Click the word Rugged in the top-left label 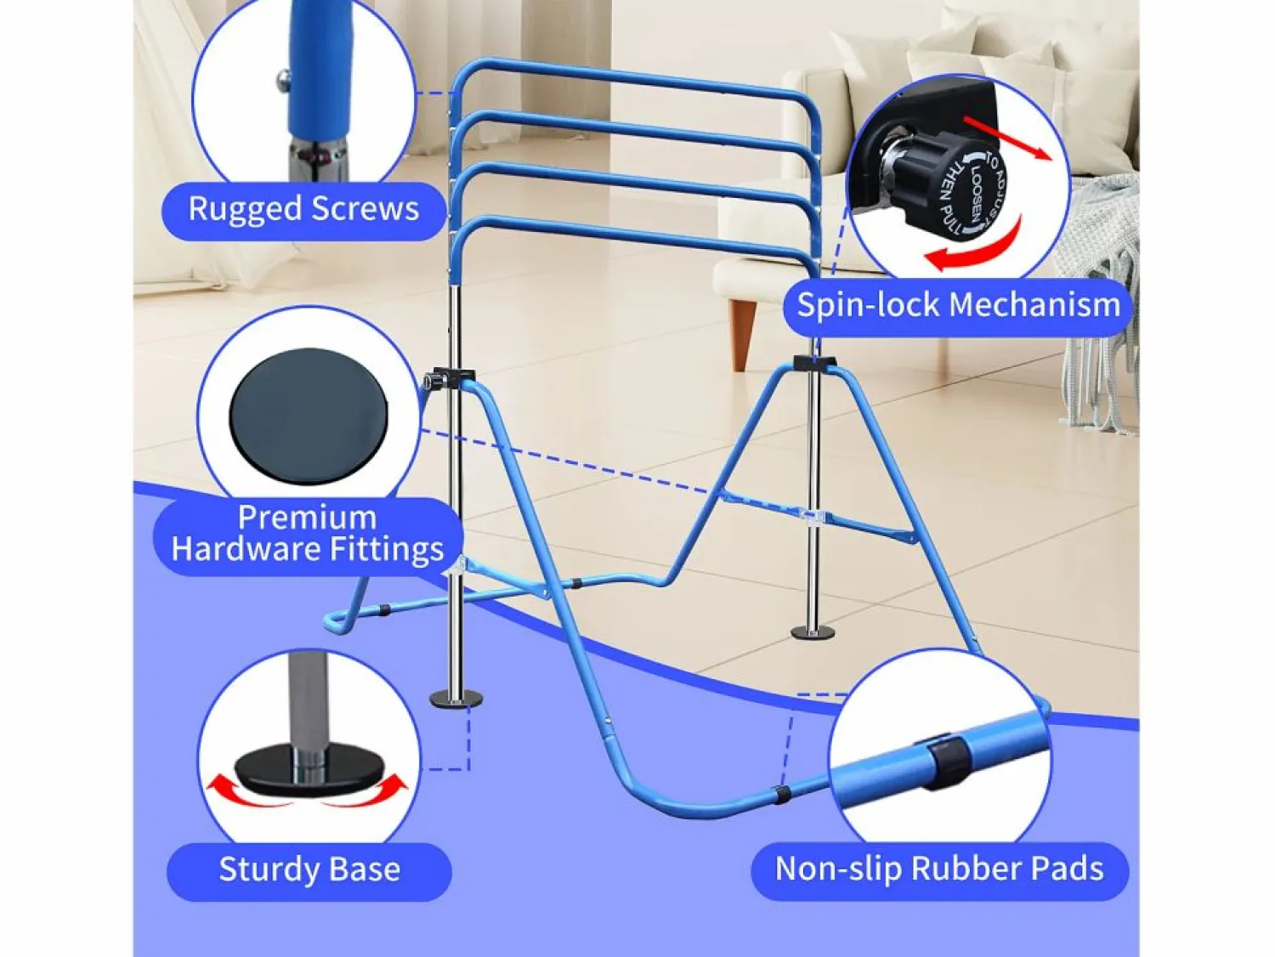click(x=245, y=210)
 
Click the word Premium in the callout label click(x=308, y=517)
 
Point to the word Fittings click(x=387, y=550)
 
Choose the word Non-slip click(x=839, y=869)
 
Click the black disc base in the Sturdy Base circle click(x=309, y=769)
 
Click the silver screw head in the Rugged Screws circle click(x=283, y=77)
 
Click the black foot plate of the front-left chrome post click(x=456, y=699)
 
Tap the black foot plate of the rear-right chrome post click(x=813, y=632)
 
